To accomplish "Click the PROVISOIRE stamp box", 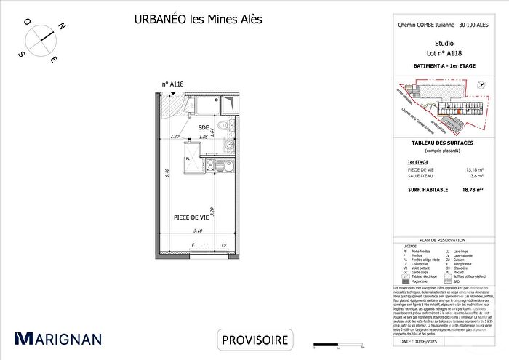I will (254, 339).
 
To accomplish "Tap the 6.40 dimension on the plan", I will (167, 173).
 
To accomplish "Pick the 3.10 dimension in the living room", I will (198, 231).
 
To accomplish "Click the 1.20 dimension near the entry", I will (175, 137).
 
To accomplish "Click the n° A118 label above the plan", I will (172, 84).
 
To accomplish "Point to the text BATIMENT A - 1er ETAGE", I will (429, 66).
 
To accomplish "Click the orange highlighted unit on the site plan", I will (460, 113).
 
